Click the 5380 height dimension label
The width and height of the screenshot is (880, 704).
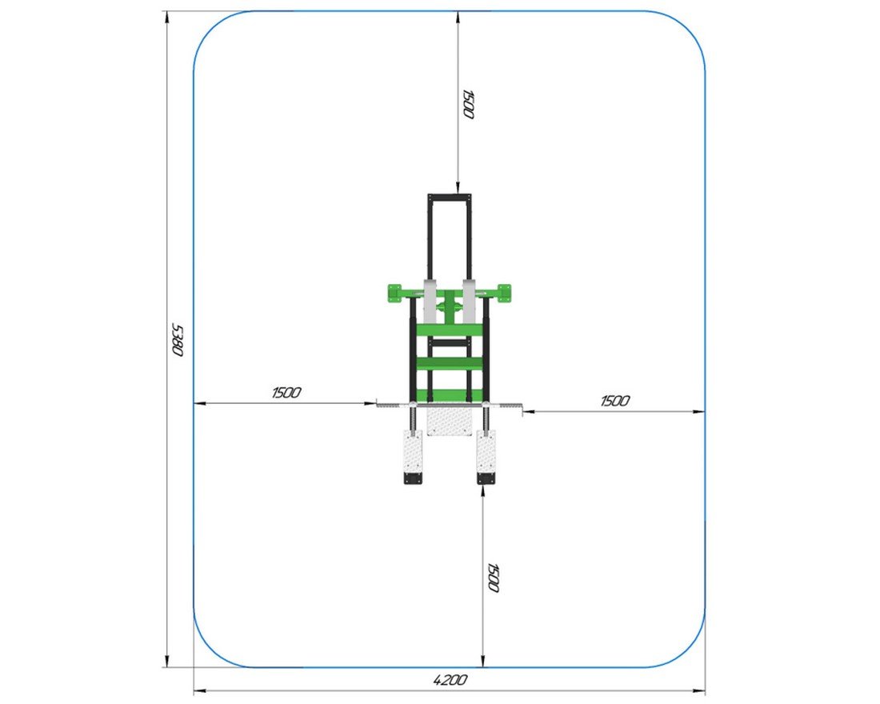click(x=177, y=339)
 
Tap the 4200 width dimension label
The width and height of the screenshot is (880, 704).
click(x=450, y=680)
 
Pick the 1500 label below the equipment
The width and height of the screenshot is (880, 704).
click(x=493, y=578)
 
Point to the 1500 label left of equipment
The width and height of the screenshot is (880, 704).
click(x=286, y=393)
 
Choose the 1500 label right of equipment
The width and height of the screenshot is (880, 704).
click(x=615, y=401)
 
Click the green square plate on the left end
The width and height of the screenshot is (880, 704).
click(x=396, y=294)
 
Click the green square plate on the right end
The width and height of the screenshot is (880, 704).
click(x=503, y=294)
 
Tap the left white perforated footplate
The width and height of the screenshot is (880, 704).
click(x=413, y=453)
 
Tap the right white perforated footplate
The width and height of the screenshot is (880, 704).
click(x=486, y=453)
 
